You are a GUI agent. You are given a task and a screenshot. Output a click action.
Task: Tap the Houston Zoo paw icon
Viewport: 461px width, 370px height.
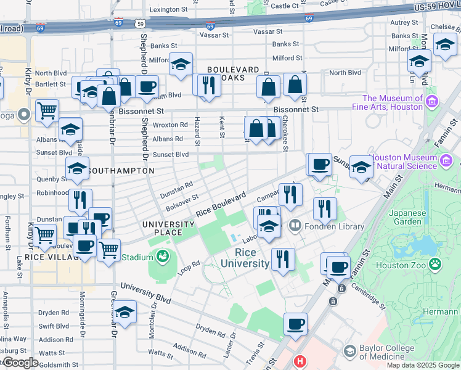point(436,264)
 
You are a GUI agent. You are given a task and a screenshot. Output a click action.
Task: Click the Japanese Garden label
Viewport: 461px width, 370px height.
point(408,218)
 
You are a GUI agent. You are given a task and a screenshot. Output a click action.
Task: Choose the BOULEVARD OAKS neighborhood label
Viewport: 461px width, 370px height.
point(233,74)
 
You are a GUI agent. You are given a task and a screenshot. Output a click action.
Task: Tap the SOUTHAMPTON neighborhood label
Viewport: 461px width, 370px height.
point(120,170)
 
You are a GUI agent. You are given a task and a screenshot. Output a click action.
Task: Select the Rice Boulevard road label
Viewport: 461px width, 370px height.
point(221,203)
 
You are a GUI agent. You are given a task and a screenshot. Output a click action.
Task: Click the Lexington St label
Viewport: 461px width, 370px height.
point(168,10)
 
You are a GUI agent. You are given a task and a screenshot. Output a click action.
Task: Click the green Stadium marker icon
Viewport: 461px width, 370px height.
point(163,256)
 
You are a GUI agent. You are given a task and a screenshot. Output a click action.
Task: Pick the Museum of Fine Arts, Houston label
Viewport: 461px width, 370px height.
point(393,102)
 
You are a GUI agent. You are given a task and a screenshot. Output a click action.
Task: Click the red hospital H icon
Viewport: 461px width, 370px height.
point(300,362)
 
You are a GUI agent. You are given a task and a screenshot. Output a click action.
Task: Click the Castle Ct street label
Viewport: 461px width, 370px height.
point(285,6)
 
